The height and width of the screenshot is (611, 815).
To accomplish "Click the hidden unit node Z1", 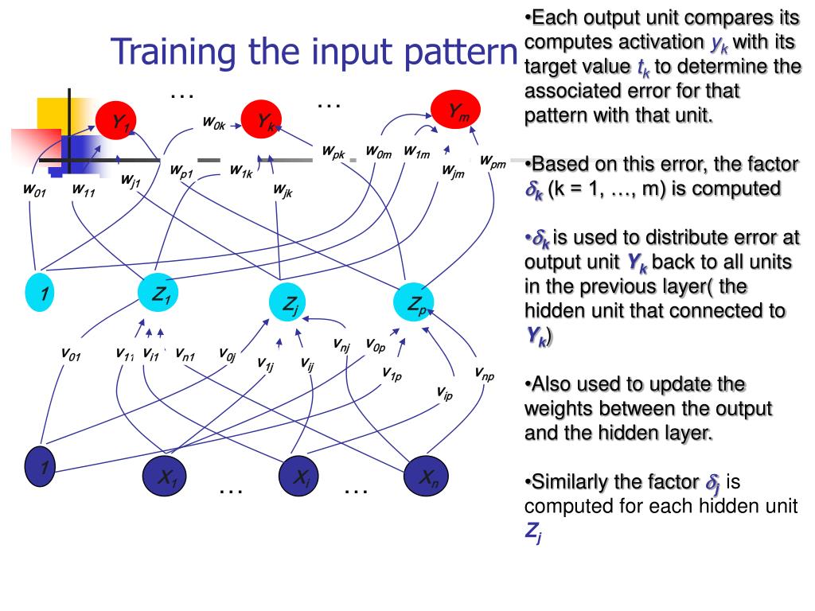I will [x=160, y=295].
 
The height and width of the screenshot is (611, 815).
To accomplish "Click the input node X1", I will [x=165, y=477].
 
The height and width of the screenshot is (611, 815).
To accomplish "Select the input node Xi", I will [x=299, y=477].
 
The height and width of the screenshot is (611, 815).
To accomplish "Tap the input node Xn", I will [x=427, y=476].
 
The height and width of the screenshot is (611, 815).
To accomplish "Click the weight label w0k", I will [x=213, y=123].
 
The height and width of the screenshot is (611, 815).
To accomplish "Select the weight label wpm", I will [x=493, y=162].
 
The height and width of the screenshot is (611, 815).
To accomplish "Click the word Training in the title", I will [x=172, y=53].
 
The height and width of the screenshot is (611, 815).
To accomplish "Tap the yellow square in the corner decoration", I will [x=53, y=111].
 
